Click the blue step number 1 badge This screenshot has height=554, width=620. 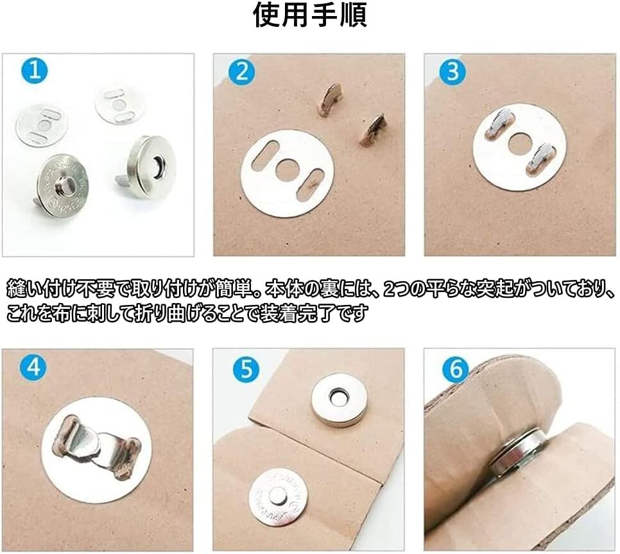[x=35, y=70]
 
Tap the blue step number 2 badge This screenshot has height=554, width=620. [x=241, y=71]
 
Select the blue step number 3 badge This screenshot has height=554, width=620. [x=452, y=71]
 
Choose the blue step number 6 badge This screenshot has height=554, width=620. [x=456, y=368]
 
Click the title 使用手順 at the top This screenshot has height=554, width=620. [x=310, y=15]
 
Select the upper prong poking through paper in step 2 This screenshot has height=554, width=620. [x=329, y=98]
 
